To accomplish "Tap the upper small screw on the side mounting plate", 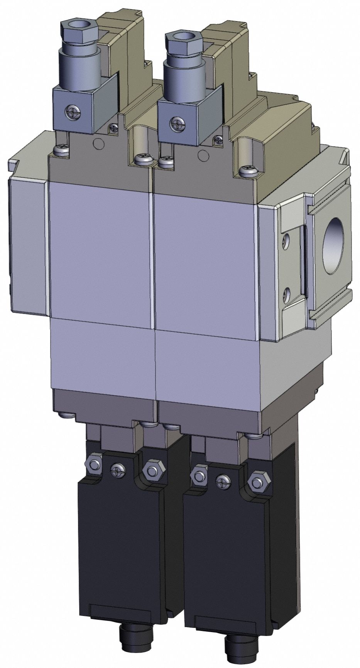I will click(x=285, y=240).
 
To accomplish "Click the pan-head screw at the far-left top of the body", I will click(x=62, y=150).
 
